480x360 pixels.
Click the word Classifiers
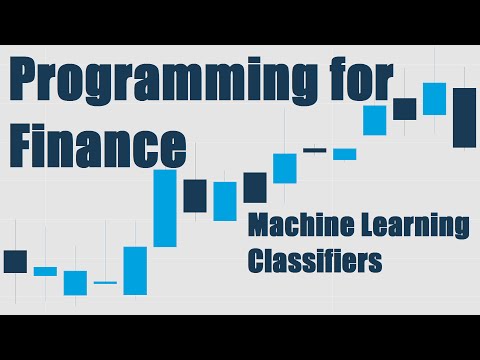pyautogui.click(x=315, y=261)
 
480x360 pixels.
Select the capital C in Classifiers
pyautogui.click(x=254, y=261)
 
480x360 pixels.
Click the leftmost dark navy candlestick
pyautogui.click(x=15, y=261)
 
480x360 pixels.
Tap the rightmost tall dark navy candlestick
pyautogui.click(x=464, y=117)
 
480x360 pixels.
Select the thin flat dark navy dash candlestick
pyautogui.click(x=315, y=150)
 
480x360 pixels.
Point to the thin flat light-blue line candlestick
pyautogui.click(x=105, y=283)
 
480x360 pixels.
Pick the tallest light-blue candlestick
pyautogui.click(x=165, y=208)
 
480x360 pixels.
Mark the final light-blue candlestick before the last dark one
pyautogui.click(x=434, y=99)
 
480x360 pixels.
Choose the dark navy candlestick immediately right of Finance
pyautogui.click(x=195, y=195)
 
